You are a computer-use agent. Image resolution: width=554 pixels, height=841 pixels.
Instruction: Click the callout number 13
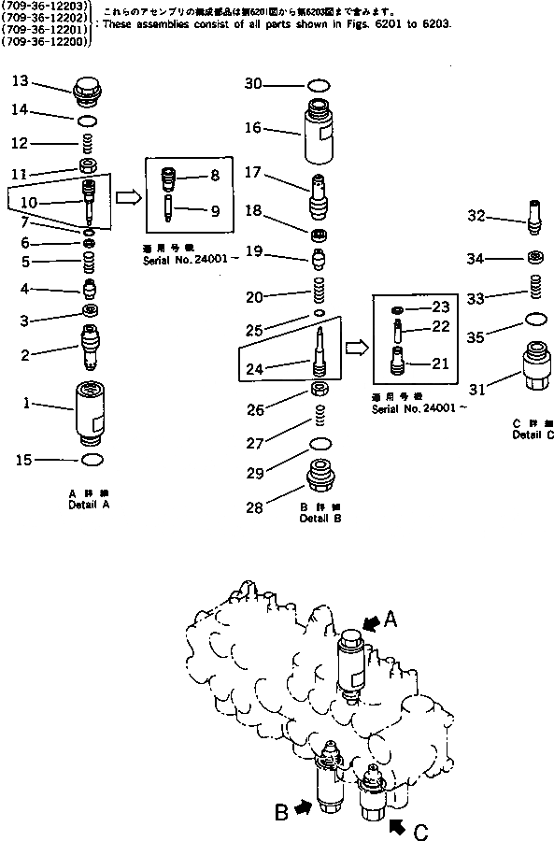tap(21, 82)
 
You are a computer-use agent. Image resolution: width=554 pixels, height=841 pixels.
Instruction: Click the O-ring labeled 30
tap(317, 85)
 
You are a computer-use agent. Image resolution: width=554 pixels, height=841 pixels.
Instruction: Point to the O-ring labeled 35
tap(535, 320)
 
